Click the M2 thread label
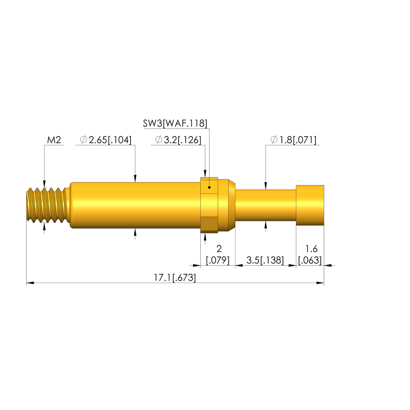coord(54,140)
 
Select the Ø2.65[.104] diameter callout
coord(106,140)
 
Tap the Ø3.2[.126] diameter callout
coord(178,140)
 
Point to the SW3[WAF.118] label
coord(175,123)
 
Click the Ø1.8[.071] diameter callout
coord(293,140)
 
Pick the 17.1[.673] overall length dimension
coord(175,277)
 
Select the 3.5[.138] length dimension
coord(265,260)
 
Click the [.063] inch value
coord(310,260)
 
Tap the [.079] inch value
coord(217,260)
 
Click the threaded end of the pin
coord(48,205)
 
